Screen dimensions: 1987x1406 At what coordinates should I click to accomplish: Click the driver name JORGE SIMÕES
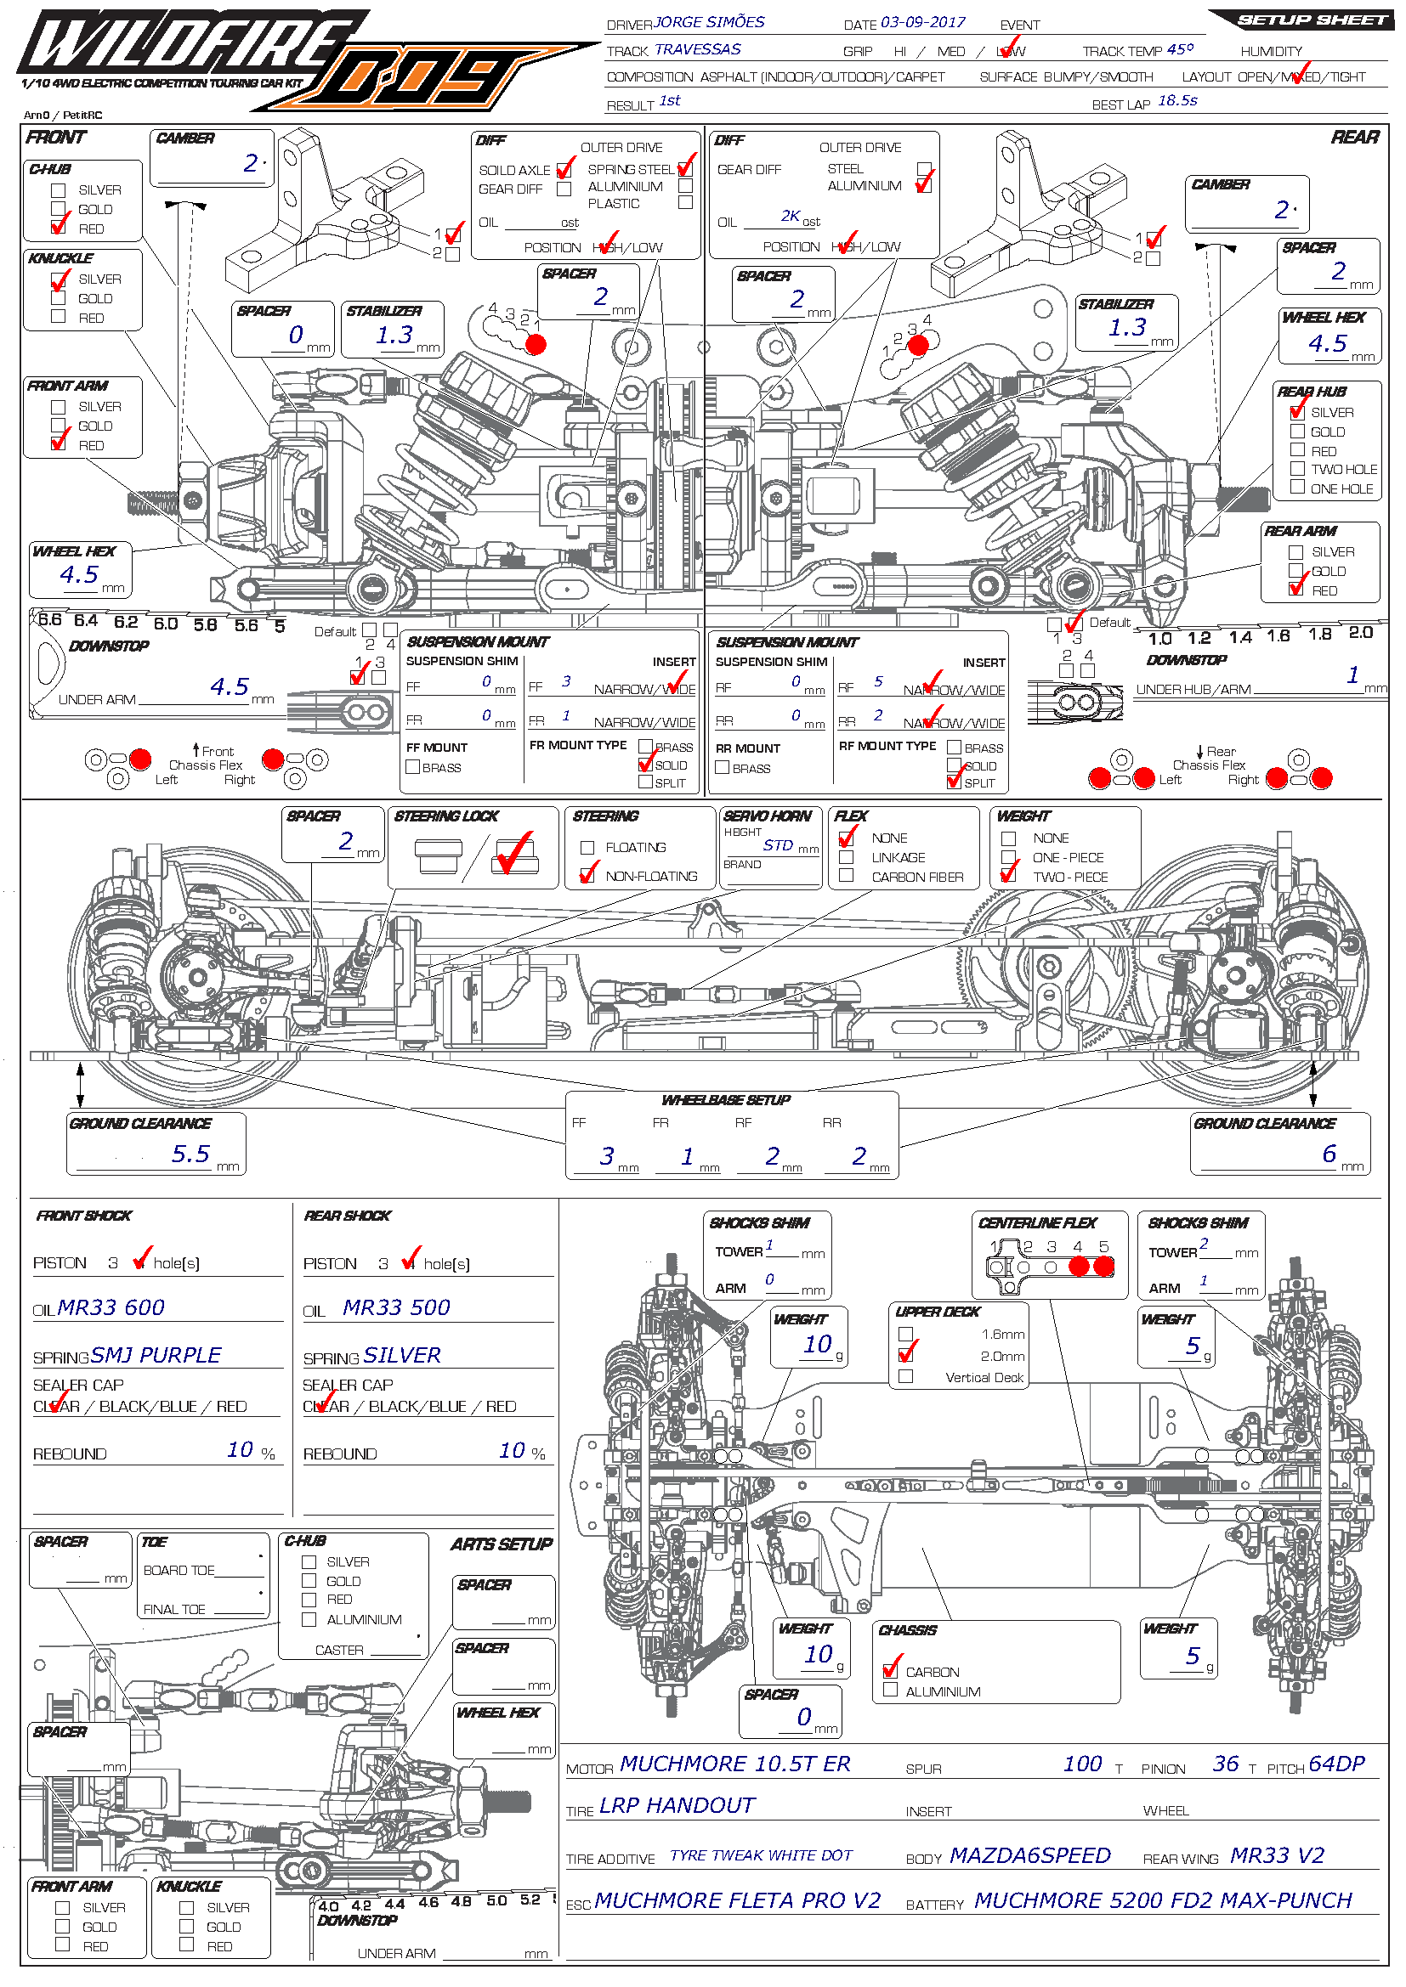709,22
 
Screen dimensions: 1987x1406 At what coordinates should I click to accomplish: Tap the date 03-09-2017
922,22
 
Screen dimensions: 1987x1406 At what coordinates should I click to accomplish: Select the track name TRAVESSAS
697,49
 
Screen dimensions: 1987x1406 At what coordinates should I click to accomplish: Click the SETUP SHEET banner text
1311,20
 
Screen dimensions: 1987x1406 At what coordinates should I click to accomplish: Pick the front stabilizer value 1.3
394,335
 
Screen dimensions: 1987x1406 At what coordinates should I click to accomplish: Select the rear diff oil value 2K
790,216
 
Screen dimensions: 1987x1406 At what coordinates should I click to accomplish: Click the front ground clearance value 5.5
190,1154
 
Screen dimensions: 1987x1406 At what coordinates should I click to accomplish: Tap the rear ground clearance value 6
1328,1154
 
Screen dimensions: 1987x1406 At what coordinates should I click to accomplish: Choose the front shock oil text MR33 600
111,1307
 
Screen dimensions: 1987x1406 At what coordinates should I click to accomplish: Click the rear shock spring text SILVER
403,1355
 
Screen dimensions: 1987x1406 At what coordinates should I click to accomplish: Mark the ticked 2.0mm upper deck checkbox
906,1355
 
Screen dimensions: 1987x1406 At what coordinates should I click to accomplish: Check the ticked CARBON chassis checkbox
890,1670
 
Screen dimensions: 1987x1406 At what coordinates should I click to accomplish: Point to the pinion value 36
1225,1764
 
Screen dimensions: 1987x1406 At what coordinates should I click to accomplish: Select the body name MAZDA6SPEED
1029,1855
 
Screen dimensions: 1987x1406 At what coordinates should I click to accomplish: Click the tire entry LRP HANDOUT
677,1805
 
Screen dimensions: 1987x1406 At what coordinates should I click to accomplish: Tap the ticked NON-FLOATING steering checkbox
588,876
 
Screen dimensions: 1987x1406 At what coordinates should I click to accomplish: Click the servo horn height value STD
778,845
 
